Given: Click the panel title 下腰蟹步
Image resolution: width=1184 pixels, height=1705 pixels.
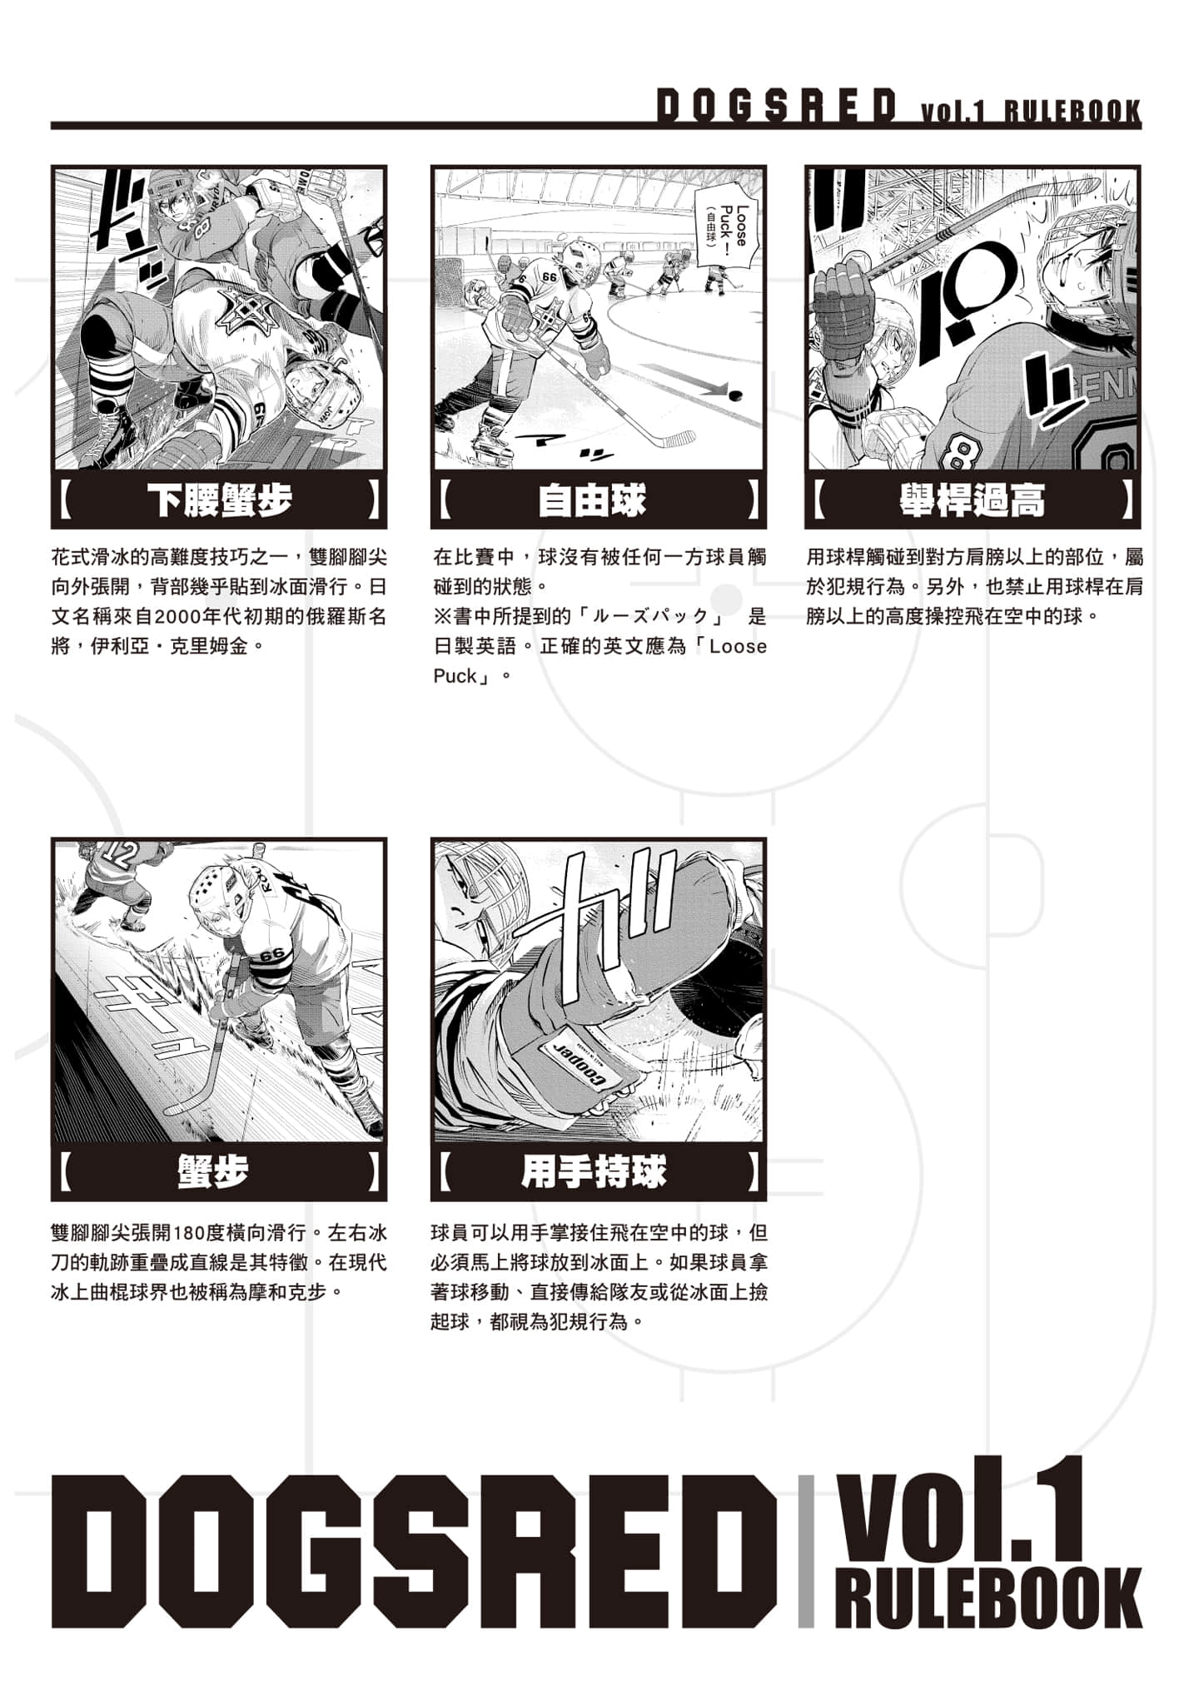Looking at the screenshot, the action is pyautogui.click(x=219, y=500).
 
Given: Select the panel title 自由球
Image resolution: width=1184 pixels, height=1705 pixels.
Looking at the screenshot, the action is pyautogui.click(x=592, y=500).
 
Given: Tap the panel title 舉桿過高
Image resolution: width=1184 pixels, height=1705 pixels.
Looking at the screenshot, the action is pyautogui.click(x=972, y=500).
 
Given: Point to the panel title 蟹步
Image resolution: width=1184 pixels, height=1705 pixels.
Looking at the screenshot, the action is pyautogui.click(x=213, y=1172).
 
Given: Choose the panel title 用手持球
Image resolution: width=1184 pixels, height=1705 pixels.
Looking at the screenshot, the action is pyautogui.click(x=594, y=1172).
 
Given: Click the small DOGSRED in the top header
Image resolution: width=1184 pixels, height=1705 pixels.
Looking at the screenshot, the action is pyautogui.click(x=776, y=106).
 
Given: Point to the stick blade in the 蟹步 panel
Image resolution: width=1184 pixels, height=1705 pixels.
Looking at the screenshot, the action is pyautogui.click(x=179, y=1108).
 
